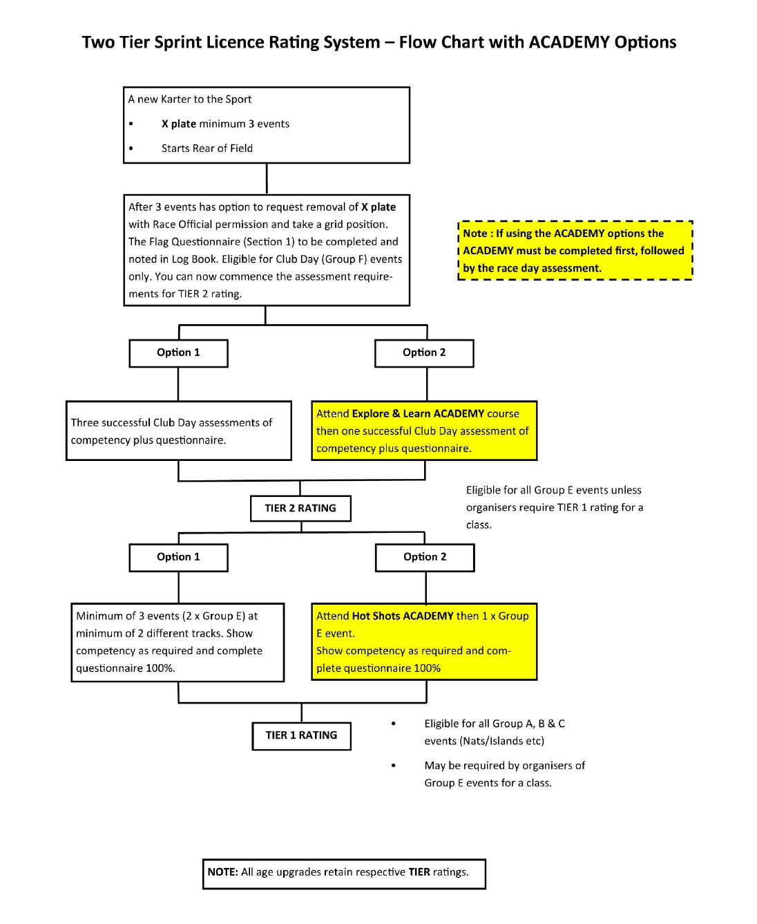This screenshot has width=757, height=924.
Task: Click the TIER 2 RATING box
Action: click(x=300, y=508)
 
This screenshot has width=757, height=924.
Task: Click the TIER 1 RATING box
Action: click(x=301, y=735)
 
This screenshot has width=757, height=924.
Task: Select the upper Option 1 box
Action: click(x=178, y=352)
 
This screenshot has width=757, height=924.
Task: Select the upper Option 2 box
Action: click(x=424, y=352)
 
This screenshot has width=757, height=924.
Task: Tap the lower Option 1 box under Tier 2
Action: click(x=178, y=557)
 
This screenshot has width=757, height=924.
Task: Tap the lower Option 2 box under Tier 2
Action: click(x=425, y=557)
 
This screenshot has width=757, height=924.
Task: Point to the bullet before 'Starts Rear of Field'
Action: click(x=131, y=149)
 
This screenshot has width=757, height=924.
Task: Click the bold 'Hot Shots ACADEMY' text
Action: click(x=403, y=616)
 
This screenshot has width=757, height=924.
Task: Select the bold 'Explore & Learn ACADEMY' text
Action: click(x=419, y=413)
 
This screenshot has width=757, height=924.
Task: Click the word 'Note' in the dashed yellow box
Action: click(x=475, y=234)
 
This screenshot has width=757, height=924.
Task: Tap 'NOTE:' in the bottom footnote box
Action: click(x=222, y=872)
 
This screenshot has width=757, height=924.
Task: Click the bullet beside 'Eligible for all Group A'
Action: click(x=394, y=724)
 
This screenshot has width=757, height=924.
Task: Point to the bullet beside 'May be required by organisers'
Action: click(x=394, y=766)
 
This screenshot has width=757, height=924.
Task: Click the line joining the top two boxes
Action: click(x=267, y=178)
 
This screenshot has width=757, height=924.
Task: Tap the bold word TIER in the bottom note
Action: click(x=419, y=872)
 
